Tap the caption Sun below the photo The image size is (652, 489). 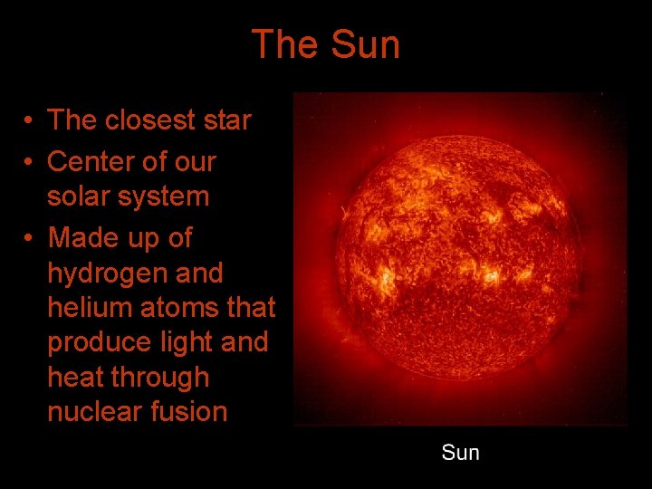[x=460, y=452]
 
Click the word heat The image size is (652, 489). [x=75, y=378]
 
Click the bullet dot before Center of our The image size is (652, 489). [x=30, y=163]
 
